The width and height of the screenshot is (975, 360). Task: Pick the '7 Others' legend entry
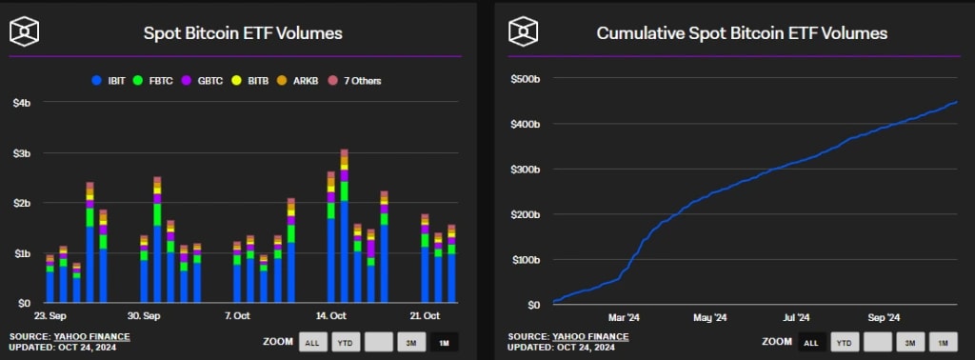355,81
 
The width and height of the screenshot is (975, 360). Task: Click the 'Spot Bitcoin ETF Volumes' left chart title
243,33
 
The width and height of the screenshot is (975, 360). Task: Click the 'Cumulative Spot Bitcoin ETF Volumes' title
742,33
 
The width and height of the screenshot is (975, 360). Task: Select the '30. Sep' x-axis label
143,315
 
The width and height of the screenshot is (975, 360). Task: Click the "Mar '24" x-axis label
624,317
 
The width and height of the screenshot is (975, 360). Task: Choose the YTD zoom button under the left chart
345,342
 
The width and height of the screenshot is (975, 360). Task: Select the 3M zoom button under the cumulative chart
910,342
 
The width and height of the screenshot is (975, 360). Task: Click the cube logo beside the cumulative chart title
523,31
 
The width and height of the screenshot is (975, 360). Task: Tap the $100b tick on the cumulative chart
526,259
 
